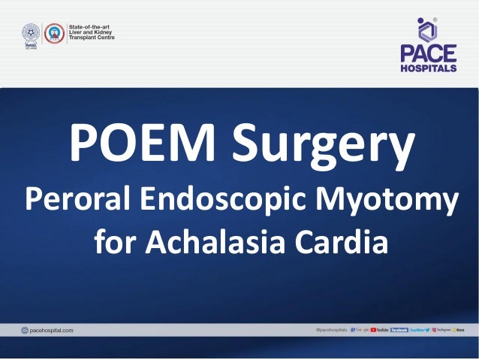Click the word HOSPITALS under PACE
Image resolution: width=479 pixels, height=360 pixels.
[426, 68]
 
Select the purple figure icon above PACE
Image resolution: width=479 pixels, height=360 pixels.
[426, 29]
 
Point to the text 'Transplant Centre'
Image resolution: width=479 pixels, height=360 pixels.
[92, 38]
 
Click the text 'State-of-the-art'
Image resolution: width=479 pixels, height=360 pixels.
[89, 27]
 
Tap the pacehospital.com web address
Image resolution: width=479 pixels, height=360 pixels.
[47, 330]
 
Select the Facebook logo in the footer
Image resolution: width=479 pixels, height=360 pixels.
[399, 330]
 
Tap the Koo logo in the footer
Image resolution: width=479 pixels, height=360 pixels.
[458, 330]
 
